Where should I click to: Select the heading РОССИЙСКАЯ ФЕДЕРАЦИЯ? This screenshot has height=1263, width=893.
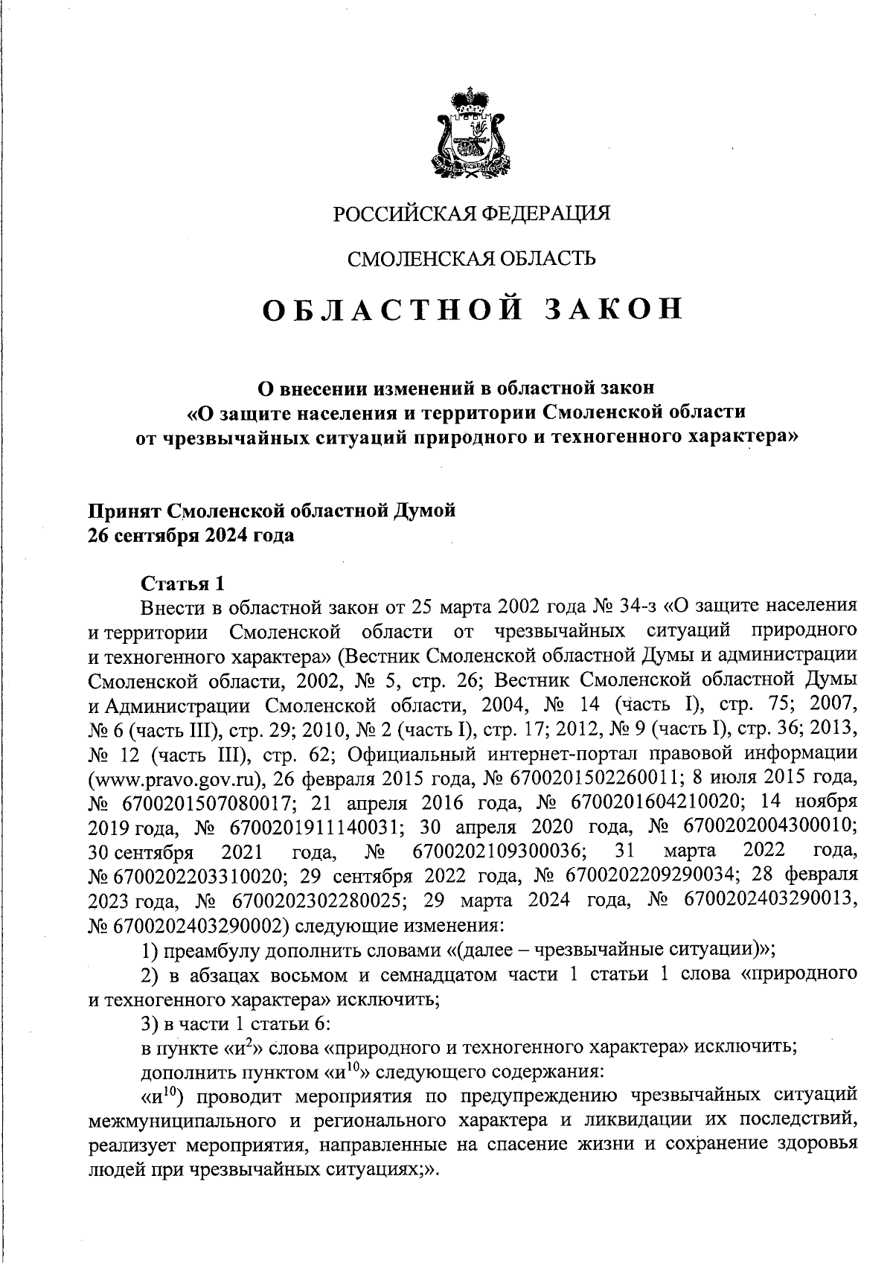[471, 214]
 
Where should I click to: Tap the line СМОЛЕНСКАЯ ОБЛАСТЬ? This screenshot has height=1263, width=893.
[471, 259]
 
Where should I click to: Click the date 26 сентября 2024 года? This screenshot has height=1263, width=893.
[191, 536]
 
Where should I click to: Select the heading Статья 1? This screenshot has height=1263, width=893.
[182, 583]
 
